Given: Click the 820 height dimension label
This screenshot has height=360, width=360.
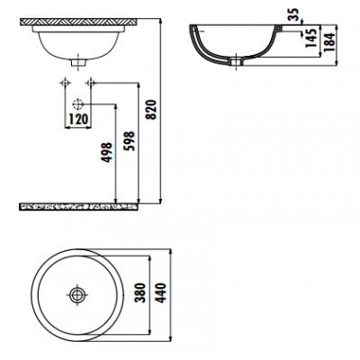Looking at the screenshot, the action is click(x=152, y=110).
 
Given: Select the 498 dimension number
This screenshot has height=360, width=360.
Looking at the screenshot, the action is click(x=107, y=153).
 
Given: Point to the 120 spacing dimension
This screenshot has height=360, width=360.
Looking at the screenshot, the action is click(x=78, y=119).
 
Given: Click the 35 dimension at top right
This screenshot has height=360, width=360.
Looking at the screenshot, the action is click(x=294, y=14).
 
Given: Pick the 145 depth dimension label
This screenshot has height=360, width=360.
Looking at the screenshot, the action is click(x=311, y=38).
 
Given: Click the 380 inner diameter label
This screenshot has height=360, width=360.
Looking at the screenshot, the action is click(x=140, y=293).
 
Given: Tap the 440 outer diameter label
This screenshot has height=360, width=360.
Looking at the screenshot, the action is click(x=161, y=293).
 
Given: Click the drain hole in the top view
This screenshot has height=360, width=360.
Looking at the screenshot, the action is click(x=77, y=294).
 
